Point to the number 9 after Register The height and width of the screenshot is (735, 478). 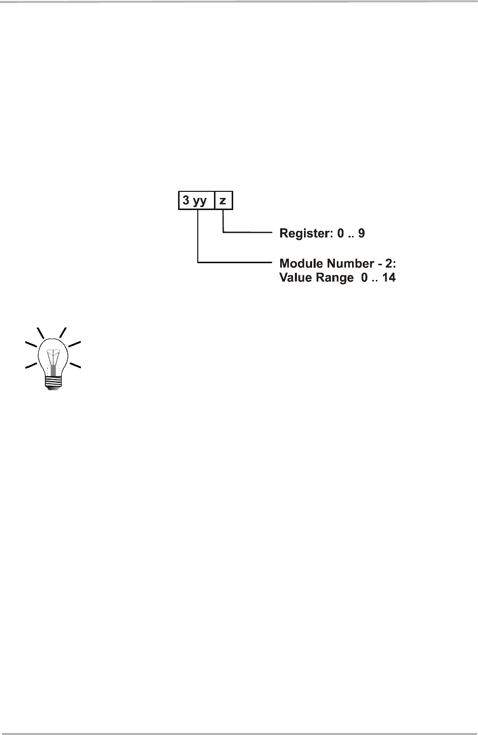(361, 233)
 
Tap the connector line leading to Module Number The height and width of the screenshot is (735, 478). (233, 262)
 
